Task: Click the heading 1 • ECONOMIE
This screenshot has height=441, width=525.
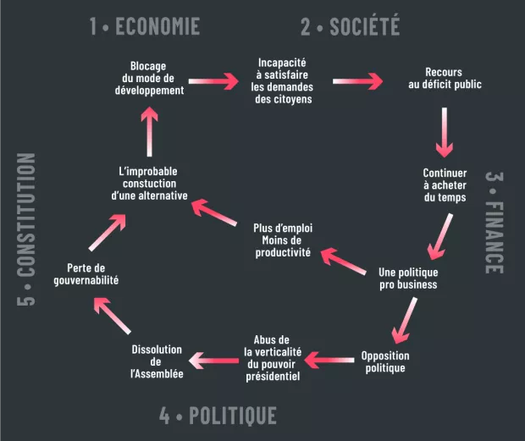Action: (145, 26)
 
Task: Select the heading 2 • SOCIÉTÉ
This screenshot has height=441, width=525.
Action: (350, 26)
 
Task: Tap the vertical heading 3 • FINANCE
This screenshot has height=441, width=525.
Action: (495, 223)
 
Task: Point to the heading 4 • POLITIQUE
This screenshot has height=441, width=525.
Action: (218, 416)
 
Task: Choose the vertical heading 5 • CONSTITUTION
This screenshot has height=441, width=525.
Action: (27, 229)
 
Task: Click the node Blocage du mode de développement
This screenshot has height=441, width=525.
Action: (148, 78)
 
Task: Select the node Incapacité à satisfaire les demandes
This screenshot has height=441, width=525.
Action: (283, 80)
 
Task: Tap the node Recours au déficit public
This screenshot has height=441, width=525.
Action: (444, 78)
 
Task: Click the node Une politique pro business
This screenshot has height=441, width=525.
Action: (408, 278)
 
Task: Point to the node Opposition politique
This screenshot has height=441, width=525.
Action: (385, 361)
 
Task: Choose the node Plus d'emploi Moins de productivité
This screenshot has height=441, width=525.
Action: (283, 240)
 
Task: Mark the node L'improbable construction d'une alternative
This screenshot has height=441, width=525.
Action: (149, 184)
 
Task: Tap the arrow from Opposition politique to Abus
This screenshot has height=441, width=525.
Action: (327, 360)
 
